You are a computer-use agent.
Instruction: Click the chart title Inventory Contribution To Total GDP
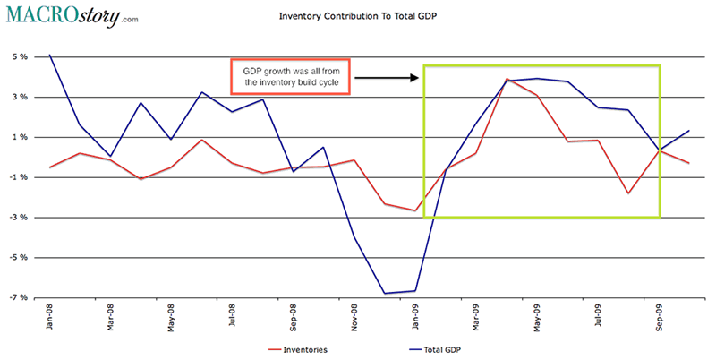358,16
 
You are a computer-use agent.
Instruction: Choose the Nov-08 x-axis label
354,321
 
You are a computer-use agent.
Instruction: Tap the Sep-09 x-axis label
660,321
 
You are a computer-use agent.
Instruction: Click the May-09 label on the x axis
537,321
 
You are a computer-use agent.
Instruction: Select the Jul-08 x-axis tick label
233,321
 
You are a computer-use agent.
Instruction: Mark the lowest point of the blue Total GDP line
385,293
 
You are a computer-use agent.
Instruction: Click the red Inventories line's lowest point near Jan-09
415,210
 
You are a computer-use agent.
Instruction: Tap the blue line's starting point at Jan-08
49,55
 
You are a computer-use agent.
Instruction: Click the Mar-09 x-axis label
476,321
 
